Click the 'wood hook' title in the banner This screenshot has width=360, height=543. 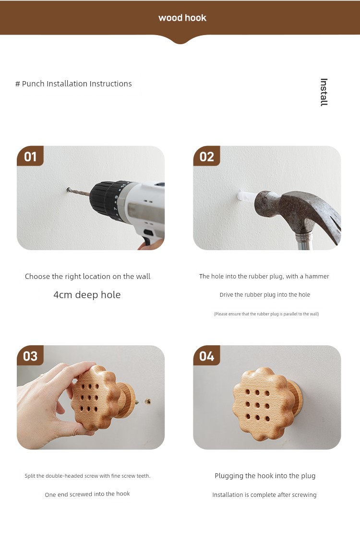pyautogui.click(x=182, y=18)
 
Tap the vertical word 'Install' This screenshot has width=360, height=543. pyautogui.click(x=324, y=92)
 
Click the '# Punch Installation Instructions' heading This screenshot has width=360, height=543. pyautogui.click(x=73, y=84)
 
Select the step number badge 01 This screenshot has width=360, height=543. pyautogui.click(x=30, y=156)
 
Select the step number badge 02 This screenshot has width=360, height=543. pyautogui.click(x=207, y=156)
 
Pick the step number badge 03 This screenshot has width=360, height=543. pyautogui.click(x=30, y=356)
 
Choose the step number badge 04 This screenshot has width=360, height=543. pyautogui.click(x=207, y=356)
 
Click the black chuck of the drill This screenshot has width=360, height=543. pyautogui.click(x=104, y=199)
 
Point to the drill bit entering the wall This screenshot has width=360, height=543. pyautogui.click(x=78, y=192)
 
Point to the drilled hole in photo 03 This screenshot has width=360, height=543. pyautogui.click(x=148, y=402)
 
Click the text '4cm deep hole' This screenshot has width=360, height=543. pyautogui.click(x=87, y=295)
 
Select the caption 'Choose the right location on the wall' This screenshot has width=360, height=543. pyautogui.click(x=87, y=277)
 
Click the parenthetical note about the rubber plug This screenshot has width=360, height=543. pyautogui.click(x=266, y=314)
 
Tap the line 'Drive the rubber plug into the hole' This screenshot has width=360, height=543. pyautogui.click(x=265, y=295)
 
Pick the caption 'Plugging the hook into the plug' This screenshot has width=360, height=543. pyautogui.click(x=265, y=476)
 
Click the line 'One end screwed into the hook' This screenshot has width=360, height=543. pyautogui.click(x=87, y=494)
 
